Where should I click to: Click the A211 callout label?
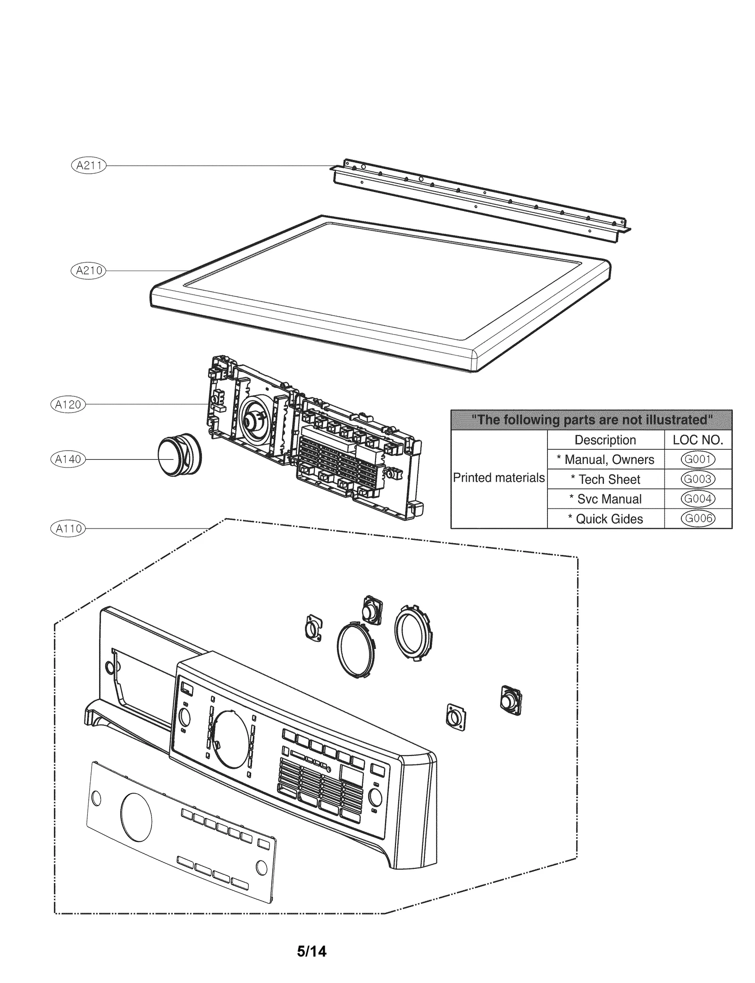(88, 166)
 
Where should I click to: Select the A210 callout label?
(88, 270)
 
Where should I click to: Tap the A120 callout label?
(68, 404)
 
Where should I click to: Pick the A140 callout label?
(68, 459)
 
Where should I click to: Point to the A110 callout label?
(68, 529)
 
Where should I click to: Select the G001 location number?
(697, 459)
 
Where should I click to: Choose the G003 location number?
(697, 479)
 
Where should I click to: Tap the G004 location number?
(697, 499)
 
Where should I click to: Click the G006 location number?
(697, 519)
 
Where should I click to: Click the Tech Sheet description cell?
(605, 479)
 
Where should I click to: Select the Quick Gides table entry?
(605, 519)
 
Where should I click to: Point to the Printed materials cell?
(499, 478)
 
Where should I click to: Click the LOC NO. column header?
(697, 440)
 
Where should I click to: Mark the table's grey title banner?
(591, 420)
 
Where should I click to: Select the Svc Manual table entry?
(605, 499)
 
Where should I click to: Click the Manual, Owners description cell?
(605, 460)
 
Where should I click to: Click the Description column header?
(605, 440)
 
